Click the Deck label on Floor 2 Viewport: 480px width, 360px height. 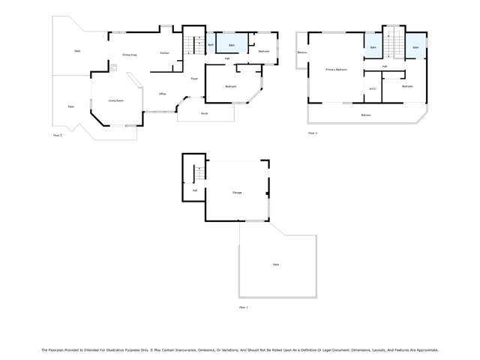[77, 51]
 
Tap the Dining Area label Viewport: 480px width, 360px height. [129, 55]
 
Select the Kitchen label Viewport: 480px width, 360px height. [163, 53]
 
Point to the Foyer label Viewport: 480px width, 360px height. [193, 78]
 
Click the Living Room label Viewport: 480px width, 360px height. [115, 100]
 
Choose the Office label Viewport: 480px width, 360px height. [162, 94]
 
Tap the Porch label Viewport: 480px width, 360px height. [204, 113]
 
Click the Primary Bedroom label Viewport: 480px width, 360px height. [336, 70]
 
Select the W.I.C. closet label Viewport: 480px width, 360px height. [372, 89]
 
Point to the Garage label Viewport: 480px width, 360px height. [237, 193]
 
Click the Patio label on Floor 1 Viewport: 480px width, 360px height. [276, 265]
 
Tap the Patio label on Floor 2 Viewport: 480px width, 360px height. [71, 106]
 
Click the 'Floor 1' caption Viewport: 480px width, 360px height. [243, 307]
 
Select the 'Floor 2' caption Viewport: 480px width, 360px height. [58, 135]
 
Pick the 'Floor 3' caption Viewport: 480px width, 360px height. [313, 133]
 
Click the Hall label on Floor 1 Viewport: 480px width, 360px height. [195, 190]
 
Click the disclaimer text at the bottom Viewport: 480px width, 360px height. [240, 349]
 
